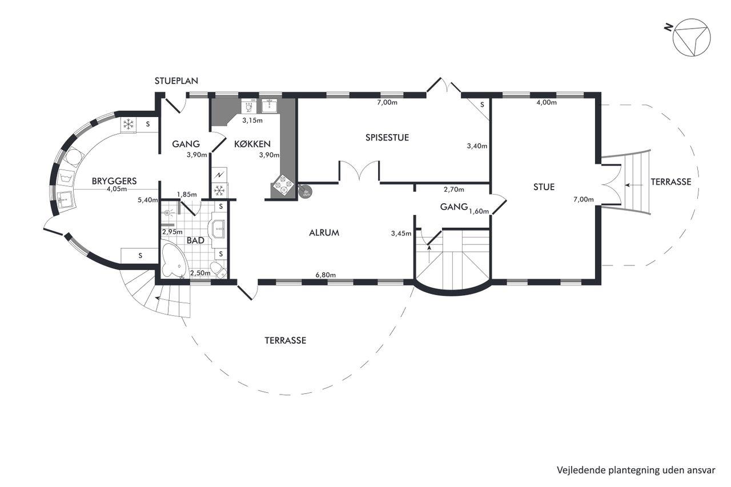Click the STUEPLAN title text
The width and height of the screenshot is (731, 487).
[x=176, y=81]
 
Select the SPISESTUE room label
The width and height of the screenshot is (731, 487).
[x=387, y=138]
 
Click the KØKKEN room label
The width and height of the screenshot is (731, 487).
[x=252, y=144]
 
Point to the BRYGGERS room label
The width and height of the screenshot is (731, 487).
[x=114, y=181]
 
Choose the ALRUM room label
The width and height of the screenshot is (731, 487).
[x=324, y=232]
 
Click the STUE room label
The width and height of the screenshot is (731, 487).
[x=544, y=187]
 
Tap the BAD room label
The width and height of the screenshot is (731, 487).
[x=195, y=240]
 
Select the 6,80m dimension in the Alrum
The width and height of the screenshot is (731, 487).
[x=326, y=275]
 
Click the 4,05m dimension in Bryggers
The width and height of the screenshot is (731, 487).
[x=117, y=189]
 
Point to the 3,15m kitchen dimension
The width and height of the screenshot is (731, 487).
[x=252, y=120]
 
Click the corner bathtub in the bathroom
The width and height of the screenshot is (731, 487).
[x=174, y=260]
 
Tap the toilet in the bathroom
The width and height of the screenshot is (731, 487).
[x=218, y=270]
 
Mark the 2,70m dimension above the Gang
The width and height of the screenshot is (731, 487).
[x=453, y=190]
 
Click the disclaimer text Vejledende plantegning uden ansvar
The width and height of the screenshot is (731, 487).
[x=636, y=470]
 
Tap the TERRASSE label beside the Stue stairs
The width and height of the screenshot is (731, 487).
[x=671, y=182]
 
